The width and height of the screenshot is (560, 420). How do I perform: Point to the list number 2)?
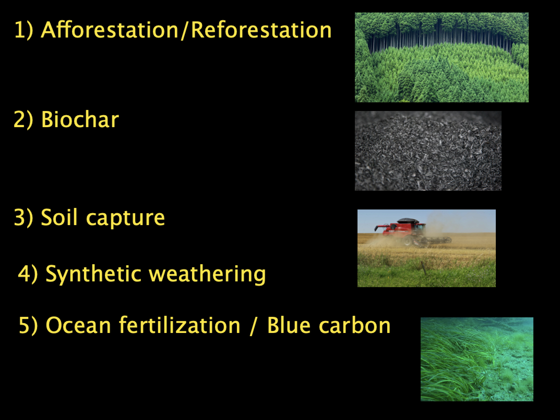24,120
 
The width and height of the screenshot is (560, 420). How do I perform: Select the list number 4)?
28,274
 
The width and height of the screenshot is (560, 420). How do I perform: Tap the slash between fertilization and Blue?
252,326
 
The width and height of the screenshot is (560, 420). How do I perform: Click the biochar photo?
428,151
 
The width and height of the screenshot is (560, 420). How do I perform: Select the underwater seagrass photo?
477,359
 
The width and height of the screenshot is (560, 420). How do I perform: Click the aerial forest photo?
442,57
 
